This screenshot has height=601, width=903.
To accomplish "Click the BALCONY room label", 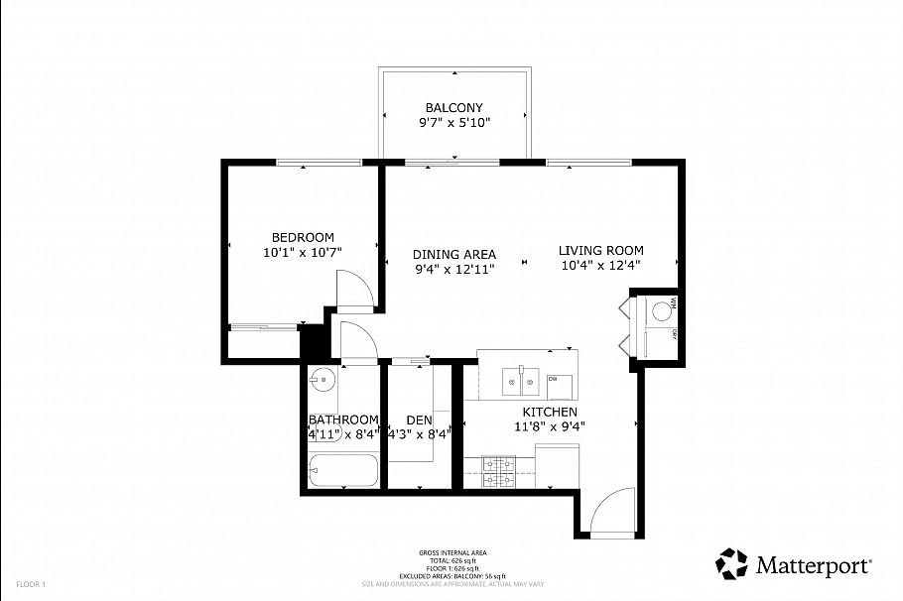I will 453,107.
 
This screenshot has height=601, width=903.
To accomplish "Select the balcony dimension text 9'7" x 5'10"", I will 453,123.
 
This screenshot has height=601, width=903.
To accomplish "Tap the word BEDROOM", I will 303,237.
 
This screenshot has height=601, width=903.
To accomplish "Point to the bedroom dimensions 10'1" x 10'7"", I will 303,253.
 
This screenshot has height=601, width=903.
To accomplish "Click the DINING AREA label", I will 454,254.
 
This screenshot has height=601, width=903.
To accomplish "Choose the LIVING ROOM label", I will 600,250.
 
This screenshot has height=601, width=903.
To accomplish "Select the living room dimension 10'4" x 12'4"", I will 600,265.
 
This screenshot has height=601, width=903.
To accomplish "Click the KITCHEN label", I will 550,412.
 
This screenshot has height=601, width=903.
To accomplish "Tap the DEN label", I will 419,420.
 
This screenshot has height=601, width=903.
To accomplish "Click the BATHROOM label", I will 343,420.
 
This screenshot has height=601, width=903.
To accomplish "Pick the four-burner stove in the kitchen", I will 498,472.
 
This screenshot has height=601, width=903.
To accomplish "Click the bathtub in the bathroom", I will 342,472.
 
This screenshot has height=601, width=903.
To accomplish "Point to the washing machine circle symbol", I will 661,311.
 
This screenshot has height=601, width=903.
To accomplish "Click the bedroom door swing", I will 353,292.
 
